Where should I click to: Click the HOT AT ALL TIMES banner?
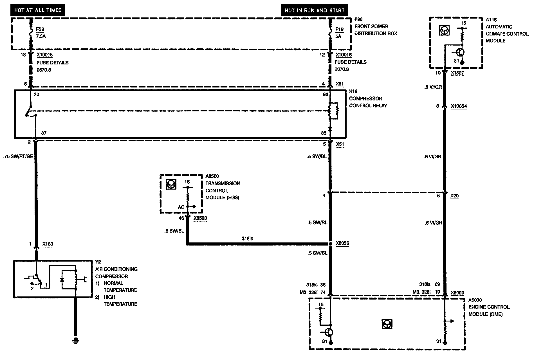pos(38,10)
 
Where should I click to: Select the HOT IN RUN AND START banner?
pos(314,10)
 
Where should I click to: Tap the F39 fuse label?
pos(40,29)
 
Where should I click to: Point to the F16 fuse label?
pos(339,29)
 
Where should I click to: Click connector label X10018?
pos(44,55)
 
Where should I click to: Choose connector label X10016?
pos(344,55)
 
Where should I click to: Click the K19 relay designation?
pos(353,91)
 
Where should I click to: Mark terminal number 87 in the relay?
pos(44,133)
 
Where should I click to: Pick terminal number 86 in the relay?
pos(325,94)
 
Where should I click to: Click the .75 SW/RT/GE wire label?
pos(18,156)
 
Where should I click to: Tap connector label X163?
pos(48,244)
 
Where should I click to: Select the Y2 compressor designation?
pos(98,262)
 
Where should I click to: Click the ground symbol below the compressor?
pos(76,341)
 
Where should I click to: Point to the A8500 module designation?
pos(212,176)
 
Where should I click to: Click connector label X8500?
pos(200,218)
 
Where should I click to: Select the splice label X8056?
pos(342,244)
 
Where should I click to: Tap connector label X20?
pos(454,196)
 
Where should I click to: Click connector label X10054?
pos(459,106)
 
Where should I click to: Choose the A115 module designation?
pos(491,20)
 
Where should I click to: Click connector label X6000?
pos(457,293)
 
